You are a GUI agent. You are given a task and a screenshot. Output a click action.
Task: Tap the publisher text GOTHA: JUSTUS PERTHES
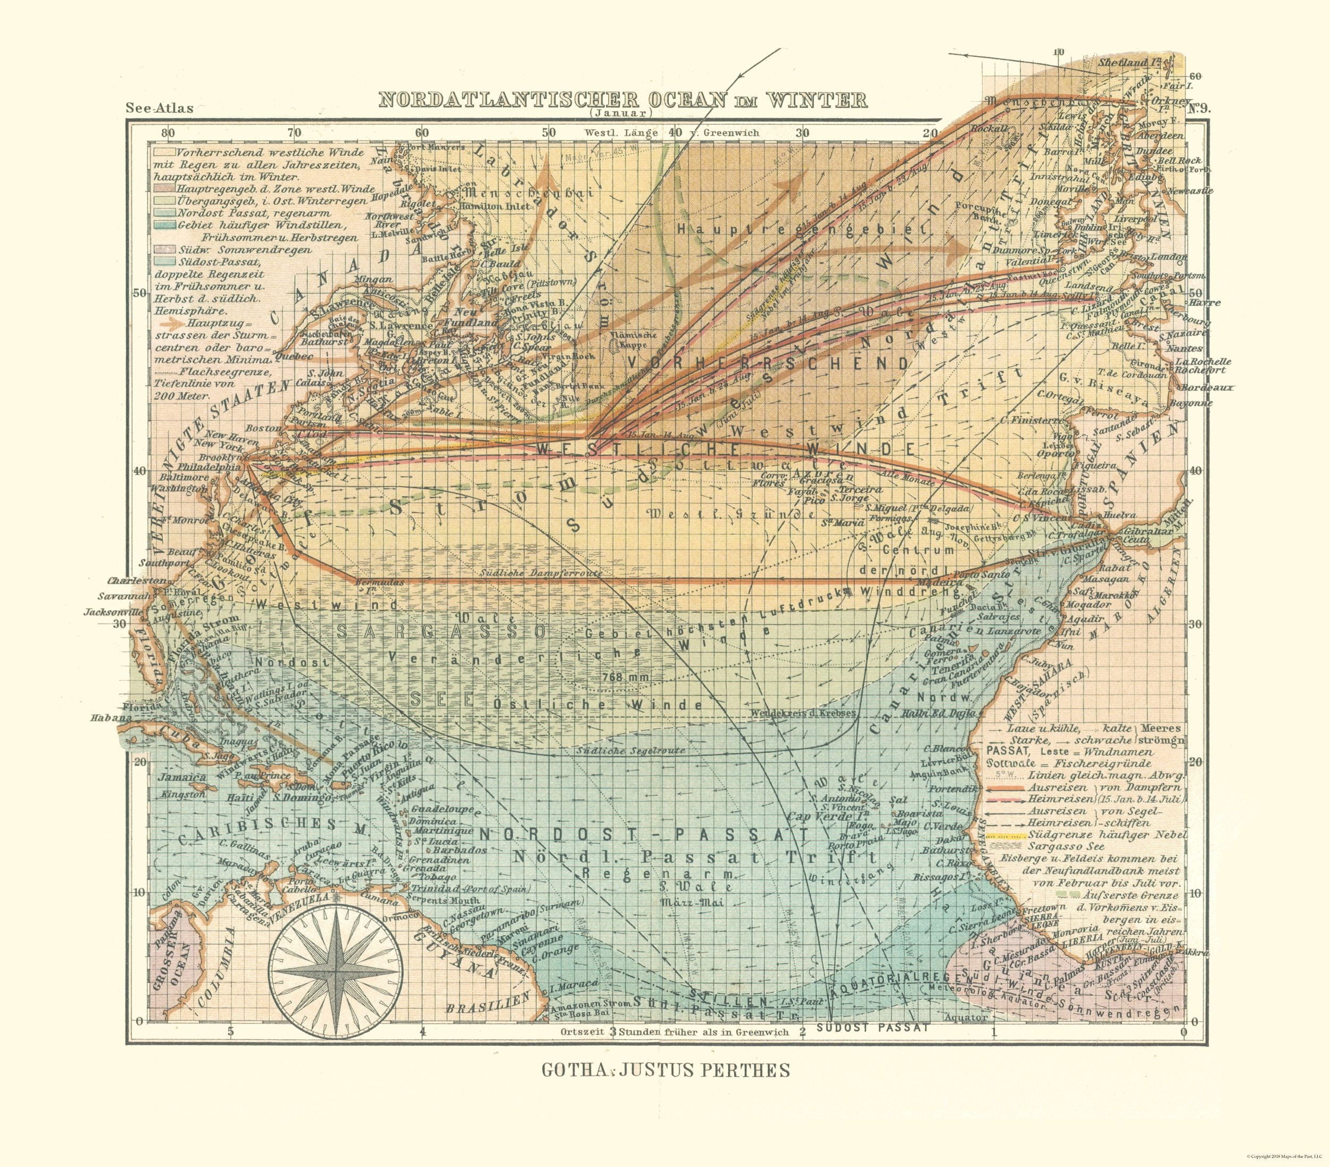666,1070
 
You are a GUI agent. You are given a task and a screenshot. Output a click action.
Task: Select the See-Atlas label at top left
160,108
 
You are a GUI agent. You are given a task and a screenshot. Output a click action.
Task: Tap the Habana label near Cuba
111,718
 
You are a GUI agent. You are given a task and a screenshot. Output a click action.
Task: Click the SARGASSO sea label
441,631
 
